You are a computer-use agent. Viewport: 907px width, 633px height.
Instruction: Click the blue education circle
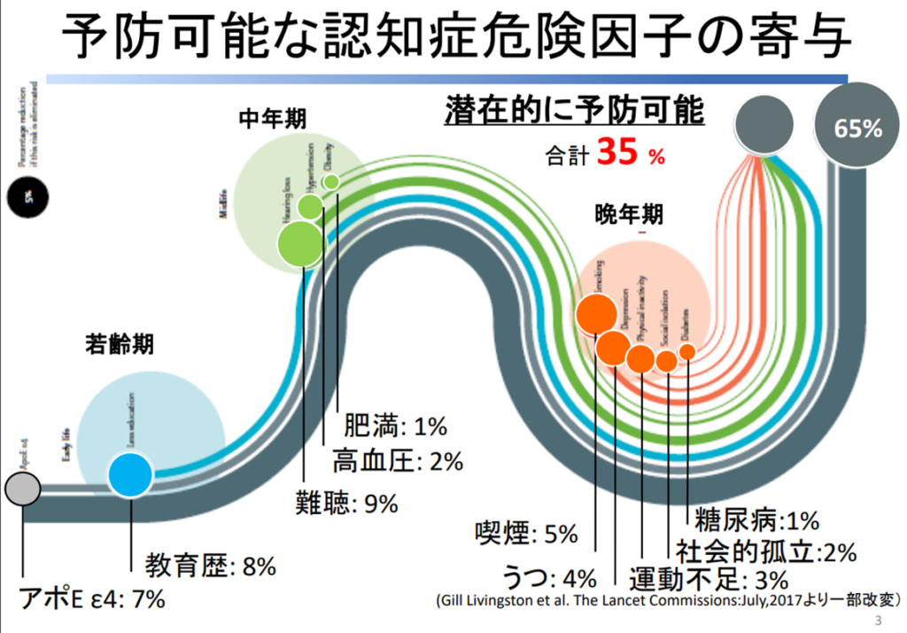click(x=131, y=474)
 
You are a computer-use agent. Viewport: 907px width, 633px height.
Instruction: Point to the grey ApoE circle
click(x=21, y=488)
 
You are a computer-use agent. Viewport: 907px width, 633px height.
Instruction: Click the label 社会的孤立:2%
click(x=765, y=552)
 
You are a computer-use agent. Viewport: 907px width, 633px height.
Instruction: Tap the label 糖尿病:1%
click(x=756, y=520)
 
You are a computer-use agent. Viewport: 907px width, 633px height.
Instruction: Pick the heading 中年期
click(x=268, y=119)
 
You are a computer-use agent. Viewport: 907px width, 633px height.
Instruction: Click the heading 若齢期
click(x=120, y=344)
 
